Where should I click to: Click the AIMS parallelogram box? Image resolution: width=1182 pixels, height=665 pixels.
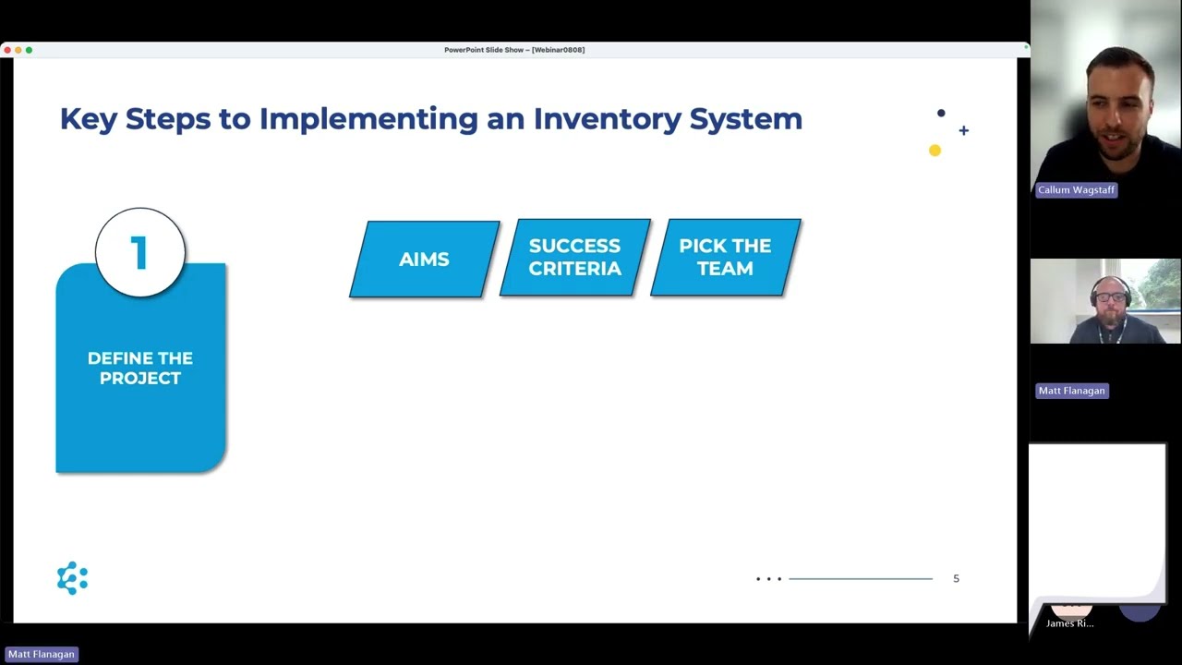tap(424, 260)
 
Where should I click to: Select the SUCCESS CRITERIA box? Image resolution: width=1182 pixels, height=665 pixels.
tap(574, 258)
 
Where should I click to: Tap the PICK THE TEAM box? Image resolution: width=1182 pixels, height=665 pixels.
tap(725, 258)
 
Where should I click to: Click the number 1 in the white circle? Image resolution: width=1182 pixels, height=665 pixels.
tap(139, 253)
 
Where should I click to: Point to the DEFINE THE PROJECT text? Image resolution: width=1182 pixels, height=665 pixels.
tap(140, 368)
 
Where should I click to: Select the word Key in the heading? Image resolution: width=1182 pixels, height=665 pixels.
tap(88, 118)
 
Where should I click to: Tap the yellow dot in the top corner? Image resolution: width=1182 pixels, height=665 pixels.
tap(935, 151)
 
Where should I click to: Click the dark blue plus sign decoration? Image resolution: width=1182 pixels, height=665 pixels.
tap(963, 130)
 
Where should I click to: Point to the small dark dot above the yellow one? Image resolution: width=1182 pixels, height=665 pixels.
tap(941, 114)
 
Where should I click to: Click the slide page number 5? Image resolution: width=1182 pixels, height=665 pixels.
tap(956, 578)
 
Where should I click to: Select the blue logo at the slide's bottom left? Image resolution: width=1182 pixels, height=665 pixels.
tap(72, 578)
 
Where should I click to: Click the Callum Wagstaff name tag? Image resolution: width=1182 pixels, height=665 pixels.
tap(1076, 189)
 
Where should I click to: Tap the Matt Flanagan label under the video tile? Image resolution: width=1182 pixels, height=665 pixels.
tap(1071, 391)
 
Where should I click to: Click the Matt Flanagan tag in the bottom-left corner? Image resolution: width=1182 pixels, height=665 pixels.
tap(42, 654)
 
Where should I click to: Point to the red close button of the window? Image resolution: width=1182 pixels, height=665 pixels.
tap(7, 50)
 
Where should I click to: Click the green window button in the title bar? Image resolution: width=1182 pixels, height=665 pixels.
tap(29, 50)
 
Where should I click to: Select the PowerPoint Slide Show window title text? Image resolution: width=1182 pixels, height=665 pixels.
tap(513, 50)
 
